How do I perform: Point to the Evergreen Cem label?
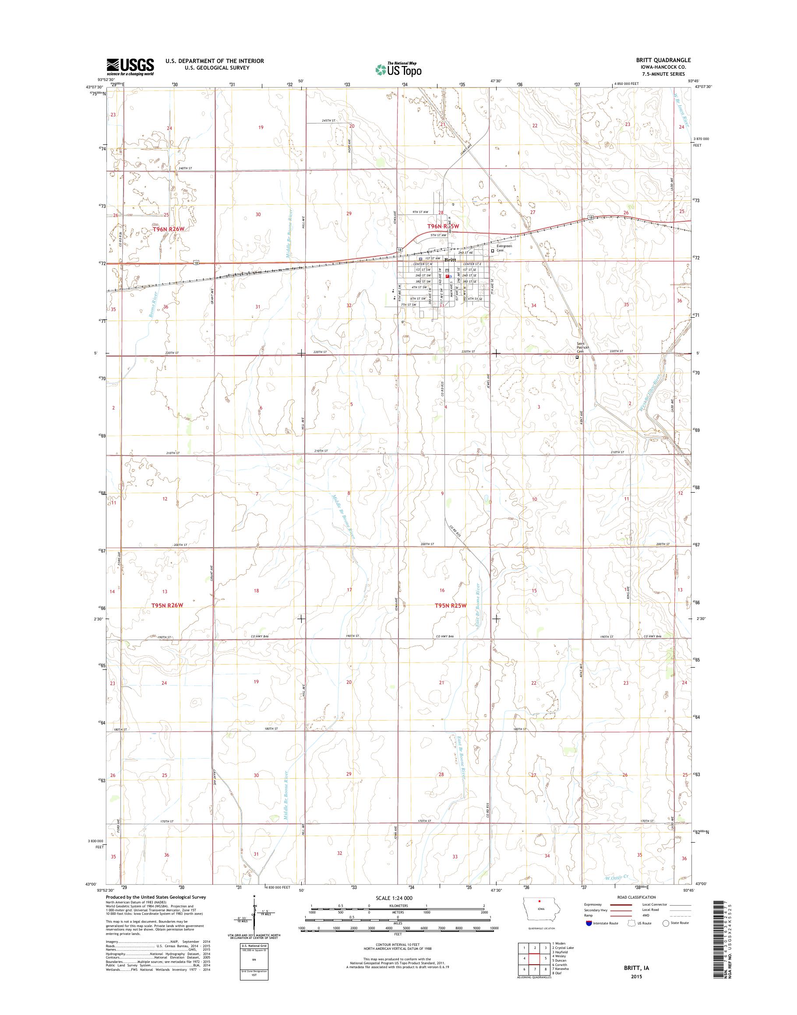tap(504, 248)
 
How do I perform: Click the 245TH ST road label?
tap(328, 121)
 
